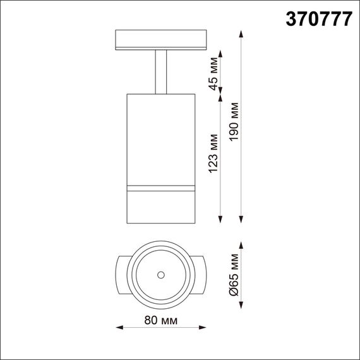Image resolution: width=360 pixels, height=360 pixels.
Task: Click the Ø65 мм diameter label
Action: (x=235, y=275)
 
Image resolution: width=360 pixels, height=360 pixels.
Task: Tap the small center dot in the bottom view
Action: (x=161, y=274)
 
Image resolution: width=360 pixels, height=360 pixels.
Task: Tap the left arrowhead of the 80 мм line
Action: (x=122, y=327)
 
